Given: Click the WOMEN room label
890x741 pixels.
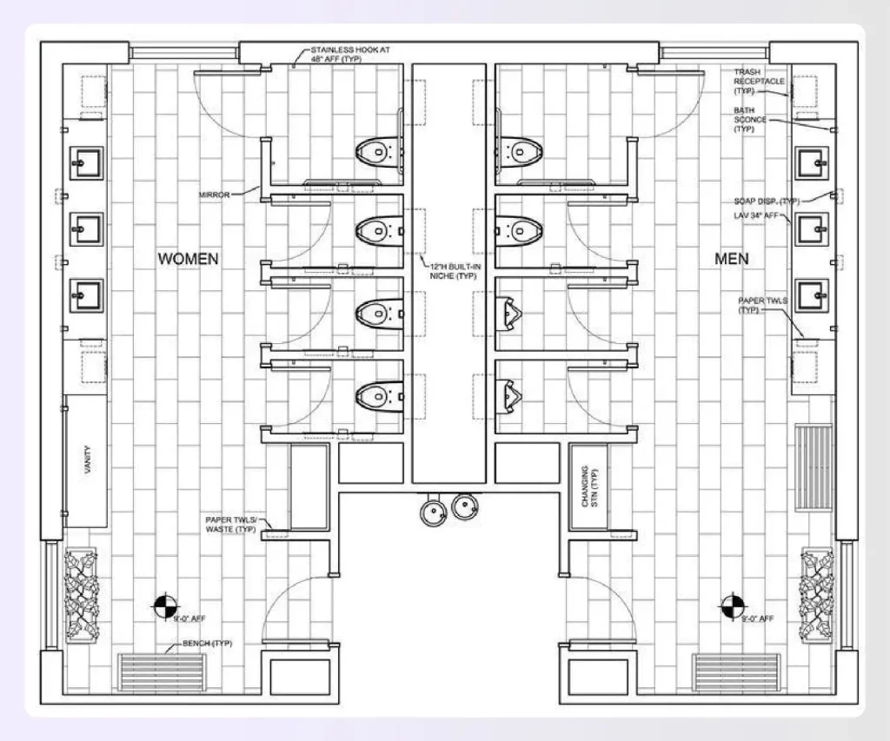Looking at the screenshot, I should click(x=188, y=259).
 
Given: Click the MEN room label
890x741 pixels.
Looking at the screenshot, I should click(x=731, y=259).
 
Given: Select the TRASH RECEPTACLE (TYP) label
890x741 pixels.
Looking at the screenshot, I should click(x=759, y=82).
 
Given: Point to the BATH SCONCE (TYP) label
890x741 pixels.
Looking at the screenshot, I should click(x=750, y=119).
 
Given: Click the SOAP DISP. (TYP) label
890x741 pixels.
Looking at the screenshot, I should click(x=765, y=202).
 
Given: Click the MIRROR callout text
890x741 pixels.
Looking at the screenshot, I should click(x=214, y=195).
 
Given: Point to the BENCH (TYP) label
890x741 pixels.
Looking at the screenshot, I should click(x=207, y=644).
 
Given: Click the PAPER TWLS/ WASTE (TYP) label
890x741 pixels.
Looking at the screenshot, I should click(x=230, y=524).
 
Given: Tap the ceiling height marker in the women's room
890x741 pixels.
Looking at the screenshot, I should click(x=163, y=606).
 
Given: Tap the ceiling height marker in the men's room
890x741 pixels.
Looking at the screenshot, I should click(x=733, y=605).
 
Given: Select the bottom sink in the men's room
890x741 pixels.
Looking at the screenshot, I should click(x=812, y=295).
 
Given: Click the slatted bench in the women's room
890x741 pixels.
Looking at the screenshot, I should click(x=165, y=672).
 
